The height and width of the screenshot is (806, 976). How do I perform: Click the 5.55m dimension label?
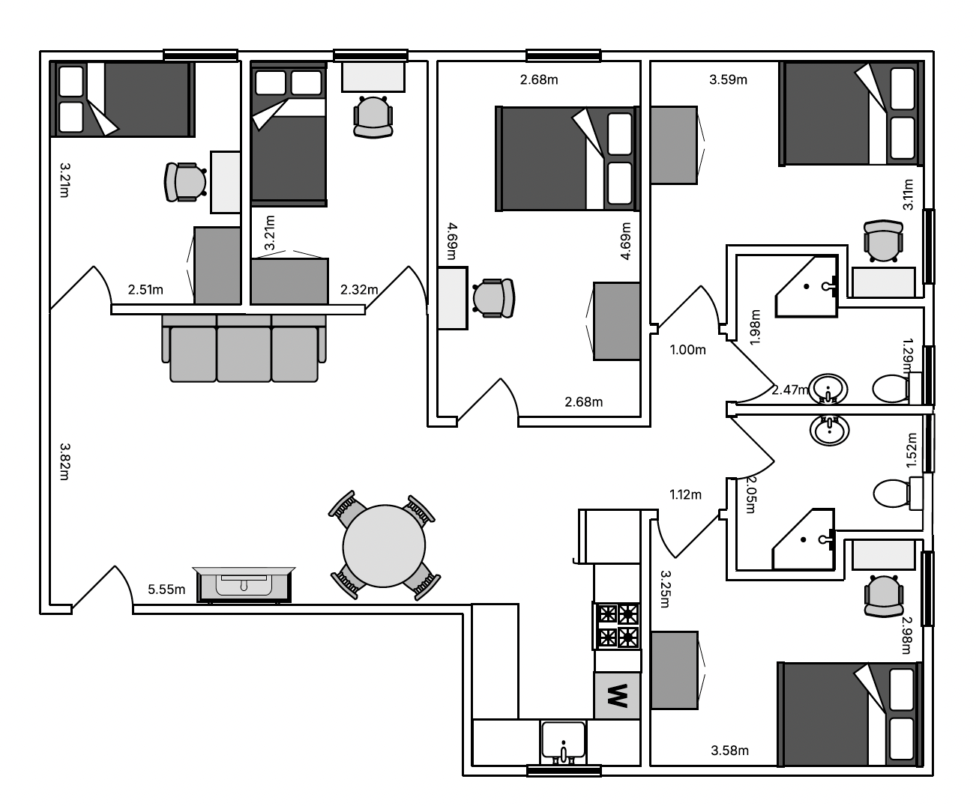(166, 590)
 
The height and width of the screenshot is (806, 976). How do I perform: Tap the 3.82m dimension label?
(64, 461)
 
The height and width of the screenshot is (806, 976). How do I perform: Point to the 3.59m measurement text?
(728, 80)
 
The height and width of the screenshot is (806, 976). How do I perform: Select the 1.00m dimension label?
(687, 350)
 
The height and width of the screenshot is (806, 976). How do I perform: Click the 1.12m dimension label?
(685, 494)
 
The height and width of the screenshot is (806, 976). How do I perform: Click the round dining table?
(384, 546)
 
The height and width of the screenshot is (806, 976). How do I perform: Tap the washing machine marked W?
(617, 695)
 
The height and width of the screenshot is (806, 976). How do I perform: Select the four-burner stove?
(617, 626)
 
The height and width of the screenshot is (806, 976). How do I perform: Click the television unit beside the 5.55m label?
(244, 584)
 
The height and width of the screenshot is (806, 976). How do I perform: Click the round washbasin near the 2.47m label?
(828, 389)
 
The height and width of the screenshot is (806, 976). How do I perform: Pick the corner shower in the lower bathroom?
(804, 539)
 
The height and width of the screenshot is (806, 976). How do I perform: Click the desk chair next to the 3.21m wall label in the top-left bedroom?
(186, 182)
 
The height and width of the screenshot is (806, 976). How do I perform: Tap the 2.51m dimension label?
(145, 290)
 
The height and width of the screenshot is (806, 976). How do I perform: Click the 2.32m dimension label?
(359, 290)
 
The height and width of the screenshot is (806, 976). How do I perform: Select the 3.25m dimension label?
(666, 590)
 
